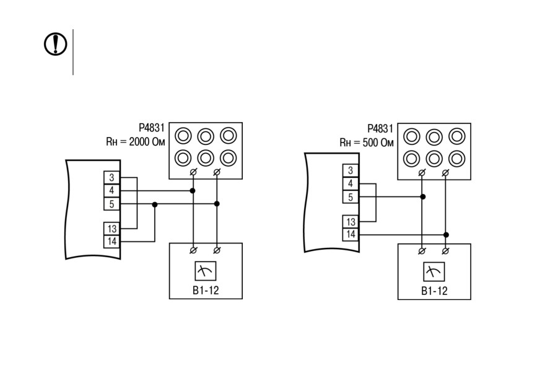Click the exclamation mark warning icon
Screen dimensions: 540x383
(x=56, y=44)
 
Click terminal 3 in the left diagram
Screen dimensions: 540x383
(x=111, y=177)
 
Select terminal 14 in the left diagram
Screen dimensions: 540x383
(x=111, y=241)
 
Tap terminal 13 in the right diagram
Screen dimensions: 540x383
(x=351, y=222)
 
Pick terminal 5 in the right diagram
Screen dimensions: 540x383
(x=351, y=197)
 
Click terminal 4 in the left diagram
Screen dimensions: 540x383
(x=111, y=191)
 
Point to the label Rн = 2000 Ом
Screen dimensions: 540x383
(x=136, y=142)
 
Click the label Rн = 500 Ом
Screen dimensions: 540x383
(x=367, y=143)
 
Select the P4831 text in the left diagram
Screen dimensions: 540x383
(x=152, y=128)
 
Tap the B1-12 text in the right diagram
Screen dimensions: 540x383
(x=434, y=291)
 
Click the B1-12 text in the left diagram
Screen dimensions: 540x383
(x=206, y=290)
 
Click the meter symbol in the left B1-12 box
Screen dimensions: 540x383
(x=206, y=271)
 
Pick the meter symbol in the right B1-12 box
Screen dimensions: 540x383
(x=434, y=271)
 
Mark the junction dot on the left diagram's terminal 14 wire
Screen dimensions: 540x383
(x=155, y=205)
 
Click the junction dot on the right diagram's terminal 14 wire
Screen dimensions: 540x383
(x=446, y=235)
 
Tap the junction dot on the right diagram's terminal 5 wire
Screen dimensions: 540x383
(x=423, y=196)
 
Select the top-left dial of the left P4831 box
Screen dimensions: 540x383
(x=183, y=136)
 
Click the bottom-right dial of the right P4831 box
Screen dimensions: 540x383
(x=456, y=159)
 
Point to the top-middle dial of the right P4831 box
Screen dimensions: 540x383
(x=434, y=137)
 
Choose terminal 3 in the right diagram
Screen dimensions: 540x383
(x=351, y=170)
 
